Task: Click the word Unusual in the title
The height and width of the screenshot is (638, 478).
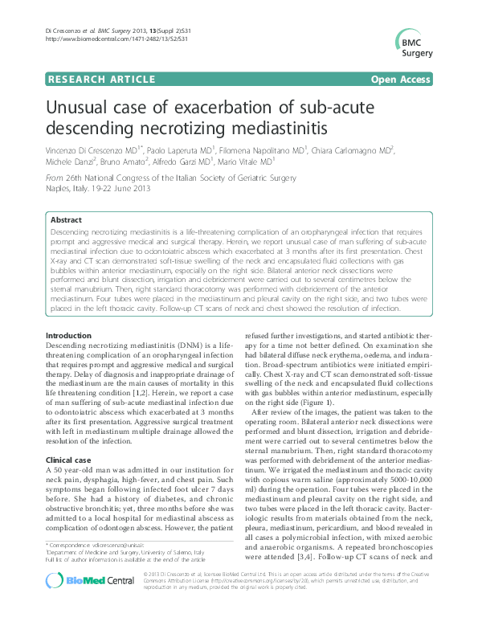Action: tap(82, 109)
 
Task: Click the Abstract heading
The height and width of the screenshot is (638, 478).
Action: tap(66, 219)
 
